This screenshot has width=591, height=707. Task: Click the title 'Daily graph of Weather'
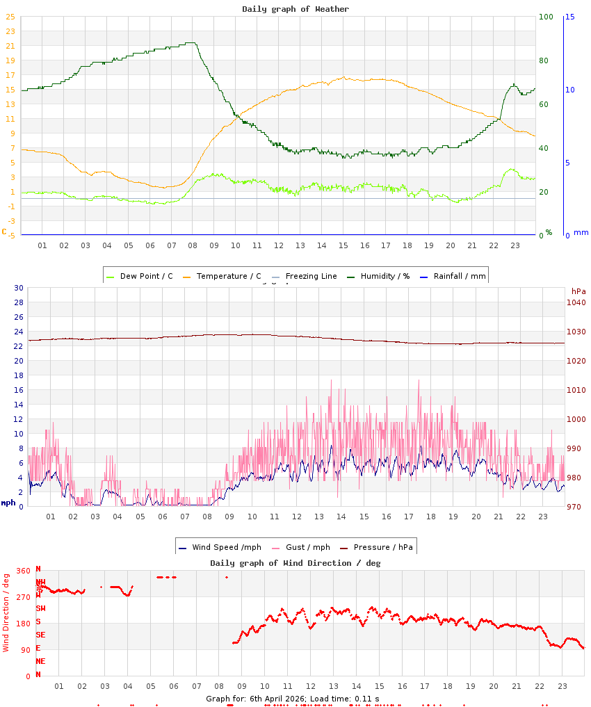295,9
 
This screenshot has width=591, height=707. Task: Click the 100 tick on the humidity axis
546,17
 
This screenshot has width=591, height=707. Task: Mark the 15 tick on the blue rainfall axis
569,17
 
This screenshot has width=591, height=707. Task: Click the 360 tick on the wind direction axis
24,571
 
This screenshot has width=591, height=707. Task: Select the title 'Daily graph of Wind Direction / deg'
295,563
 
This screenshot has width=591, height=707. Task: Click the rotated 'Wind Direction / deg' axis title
6,612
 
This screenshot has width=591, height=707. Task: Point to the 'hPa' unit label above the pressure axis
578,291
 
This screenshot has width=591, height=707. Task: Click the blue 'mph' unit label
8,503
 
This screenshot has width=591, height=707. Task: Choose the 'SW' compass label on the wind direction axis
40,608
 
